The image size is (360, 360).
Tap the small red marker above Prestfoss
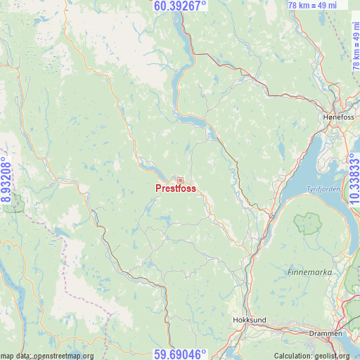coord(180,180)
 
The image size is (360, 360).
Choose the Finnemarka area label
coord(307,271)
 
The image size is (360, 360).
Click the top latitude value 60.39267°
coord(180,6)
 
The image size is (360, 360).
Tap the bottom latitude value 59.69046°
coord(180,354)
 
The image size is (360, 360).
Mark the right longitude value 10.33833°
coord(354,180)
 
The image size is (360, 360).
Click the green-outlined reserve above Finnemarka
coord(307,224)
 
